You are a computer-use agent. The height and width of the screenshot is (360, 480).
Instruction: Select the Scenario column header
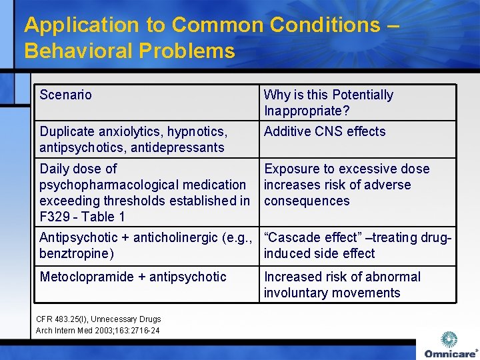click(x=65, y=95)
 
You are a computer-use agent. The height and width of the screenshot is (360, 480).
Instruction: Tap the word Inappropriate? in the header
click(x=307, y=111)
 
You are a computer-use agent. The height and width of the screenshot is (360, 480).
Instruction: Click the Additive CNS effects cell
click(x=325, y=131)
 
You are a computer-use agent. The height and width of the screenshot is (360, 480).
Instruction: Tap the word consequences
click(x=307, y=201)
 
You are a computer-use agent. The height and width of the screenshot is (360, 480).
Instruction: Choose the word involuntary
click(x=298, y=293)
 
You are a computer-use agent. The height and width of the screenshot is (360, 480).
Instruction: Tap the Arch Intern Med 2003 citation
click(x=97, y=330)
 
